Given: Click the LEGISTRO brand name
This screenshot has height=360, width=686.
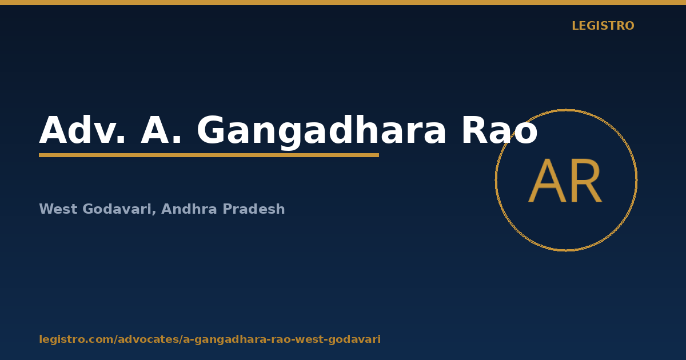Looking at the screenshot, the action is (603, 26).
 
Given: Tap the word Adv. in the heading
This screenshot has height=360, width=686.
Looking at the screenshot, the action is (82, 130).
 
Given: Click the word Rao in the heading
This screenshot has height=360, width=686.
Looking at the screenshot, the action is (500, 130).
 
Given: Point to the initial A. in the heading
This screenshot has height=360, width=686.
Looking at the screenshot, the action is (161, 130).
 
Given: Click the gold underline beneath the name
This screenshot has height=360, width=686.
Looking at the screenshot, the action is (209, 155).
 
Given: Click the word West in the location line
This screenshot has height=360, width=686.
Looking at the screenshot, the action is (58, 209).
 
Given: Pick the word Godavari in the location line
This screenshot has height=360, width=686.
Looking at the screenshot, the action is (117, 209).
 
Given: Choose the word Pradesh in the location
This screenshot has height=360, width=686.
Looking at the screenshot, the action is (254, 209).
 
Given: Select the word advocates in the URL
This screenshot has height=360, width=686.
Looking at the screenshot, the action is (149, 339).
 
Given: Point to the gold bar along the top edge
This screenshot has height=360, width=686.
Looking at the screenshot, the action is (343, 2).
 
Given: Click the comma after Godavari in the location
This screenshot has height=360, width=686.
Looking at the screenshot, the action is (154, 213).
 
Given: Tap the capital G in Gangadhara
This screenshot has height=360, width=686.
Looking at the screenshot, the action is (212, 130).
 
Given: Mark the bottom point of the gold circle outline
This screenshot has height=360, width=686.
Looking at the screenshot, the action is (567, 251).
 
